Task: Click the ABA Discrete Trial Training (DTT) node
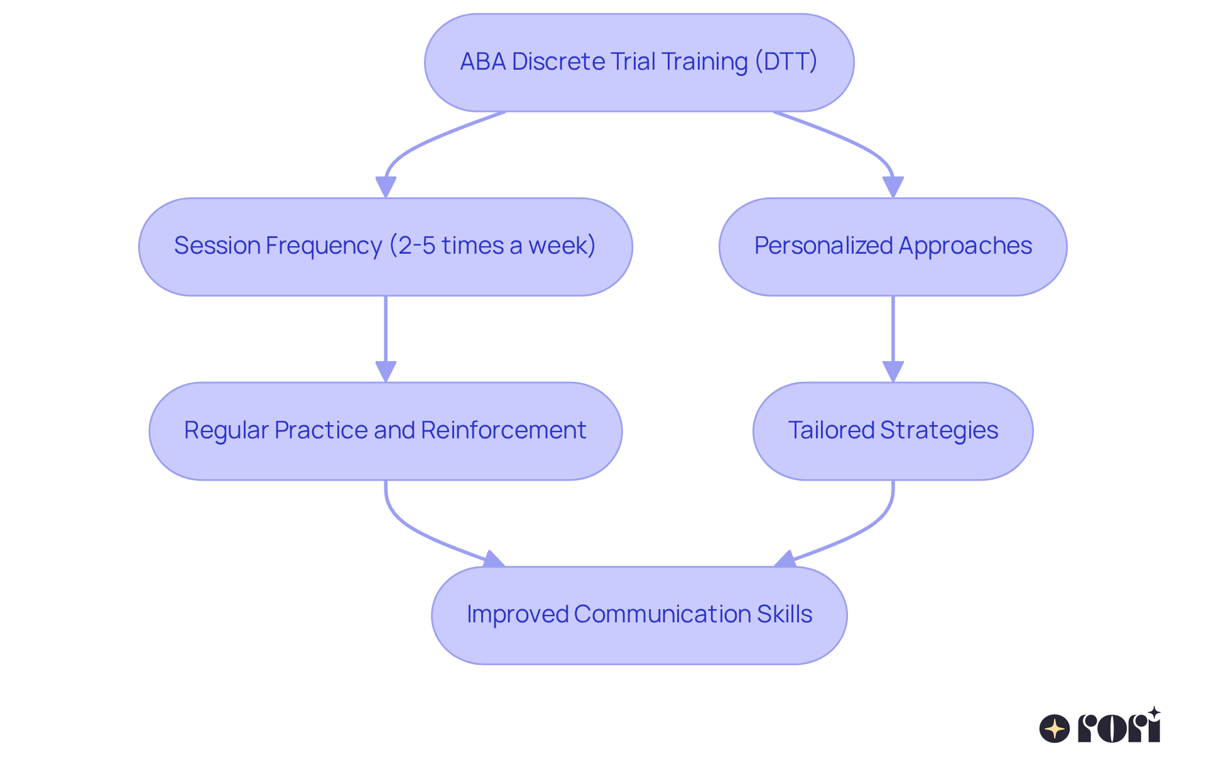tap(639, 62)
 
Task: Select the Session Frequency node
tap(385, 247)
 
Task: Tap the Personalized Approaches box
tap(893, 247)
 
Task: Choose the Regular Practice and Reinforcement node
tap(385, 431)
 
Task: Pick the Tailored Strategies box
tap(893, 431)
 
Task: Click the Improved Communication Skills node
tap(639, 615)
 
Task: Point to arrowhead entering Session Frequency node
tap(385, 187)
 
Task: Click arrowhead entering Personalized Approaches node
tap(893, 187)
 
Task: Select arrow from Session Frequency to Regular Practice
tap(385, 333)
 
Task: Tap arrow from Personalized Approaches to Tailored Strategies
tap(893, 333)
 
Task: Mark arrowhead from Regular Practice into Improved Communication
tap(494, 560)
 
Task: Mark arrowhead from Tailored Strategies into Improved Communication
tap(785, 560)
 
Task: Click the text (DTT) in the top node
tap(786, 62)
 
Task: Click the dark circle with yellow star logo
tap(1054, 728)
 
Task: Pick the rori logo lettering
tap(1119, 727)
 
